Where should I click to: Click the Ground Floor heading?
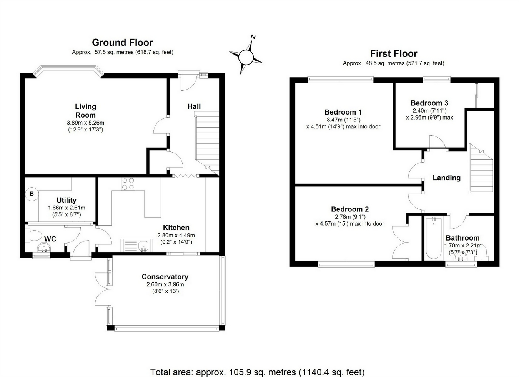[x=122, y=43]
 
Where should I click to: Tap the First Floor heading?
[x=393, y=54]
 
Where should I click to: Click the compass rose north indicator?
[x=253, y=37]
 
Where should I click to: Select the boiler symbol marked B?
[x=32, y=194]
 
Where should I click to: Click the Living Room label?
[x=85, y=111]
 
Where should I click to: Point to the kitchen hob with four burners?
[x=128, y=184]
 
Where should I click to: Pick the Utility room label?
[x=66, y=200]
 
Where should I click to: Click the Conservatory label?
[x=165, y=277]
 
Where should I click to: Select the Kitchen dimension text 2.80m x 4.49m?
[x=176, y=235]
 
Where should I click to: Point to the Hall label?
[x=194, y=106]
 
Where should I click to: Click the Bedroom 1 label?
[x=343, y=112]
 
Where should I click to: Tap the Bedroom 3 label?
[x=429, y=103]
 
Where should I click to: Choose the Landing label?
[x=446, y=178]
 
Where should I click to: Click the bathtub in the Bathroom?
[x=434, y=238]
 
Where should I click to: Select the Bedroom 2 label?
[x=350, y=209]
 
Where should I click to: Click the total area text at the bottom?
[x=257, y=372]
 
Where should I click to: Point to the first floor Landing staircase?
[x=481, y=169]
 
